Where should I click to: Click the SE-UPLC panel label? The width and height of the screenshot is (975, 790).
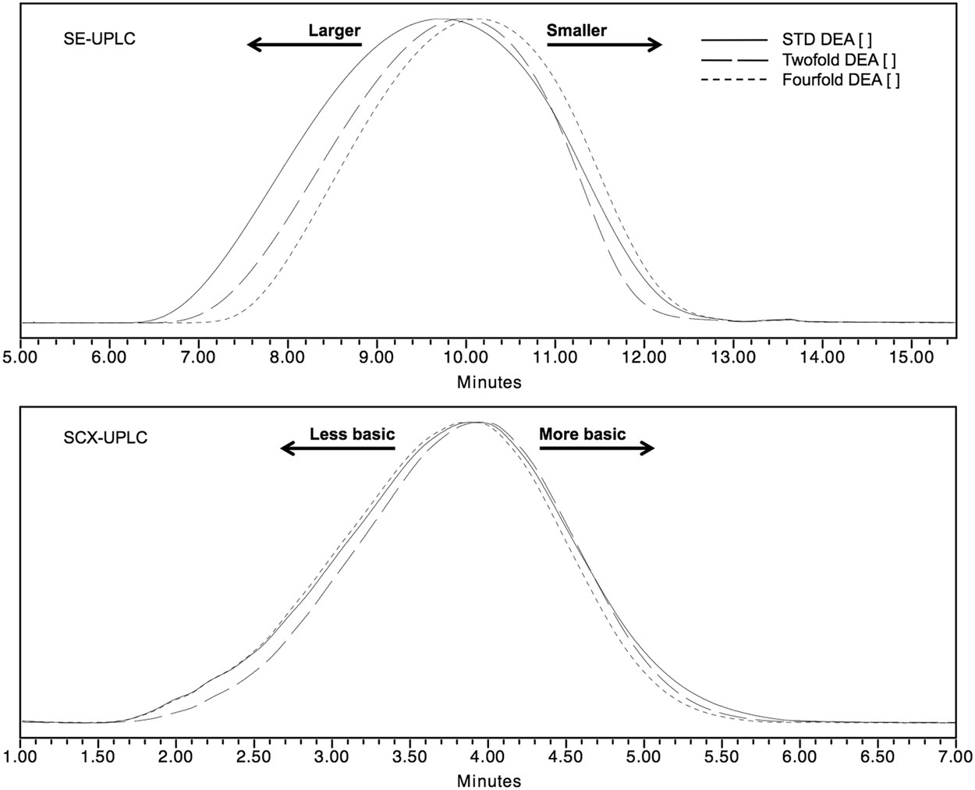tap(99, 38)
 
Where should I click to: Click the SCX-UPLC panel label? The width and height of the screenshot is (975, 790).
tap(105, 438)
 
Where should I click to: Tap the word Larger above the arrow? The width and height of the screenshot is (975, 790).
tap(334, 31)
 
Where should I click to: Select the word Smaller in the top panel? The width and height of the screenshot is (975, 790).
tap(576, 31)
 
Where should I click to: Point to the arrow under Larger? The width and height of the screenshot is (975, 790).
tap(304, 45)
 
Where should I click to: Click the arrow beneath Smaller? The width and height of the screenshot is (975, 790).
tap(604, 45)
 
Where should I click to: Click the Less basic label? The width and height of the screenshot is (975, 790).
tap(353, 434)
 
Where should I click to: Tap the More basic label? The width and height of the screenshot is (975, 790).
tap(582, 434)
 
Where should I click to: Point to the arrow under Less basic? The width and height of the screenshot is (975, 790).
tap(338, 448)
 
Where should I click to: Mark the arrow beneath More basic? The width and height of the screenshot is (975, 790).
tap(597, 448)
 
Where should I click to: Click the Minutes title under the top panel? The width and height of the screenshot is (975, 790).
tap(488, 382)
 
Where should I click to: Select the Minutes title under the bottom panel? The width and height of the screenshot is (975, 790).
tap(488, 780)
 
